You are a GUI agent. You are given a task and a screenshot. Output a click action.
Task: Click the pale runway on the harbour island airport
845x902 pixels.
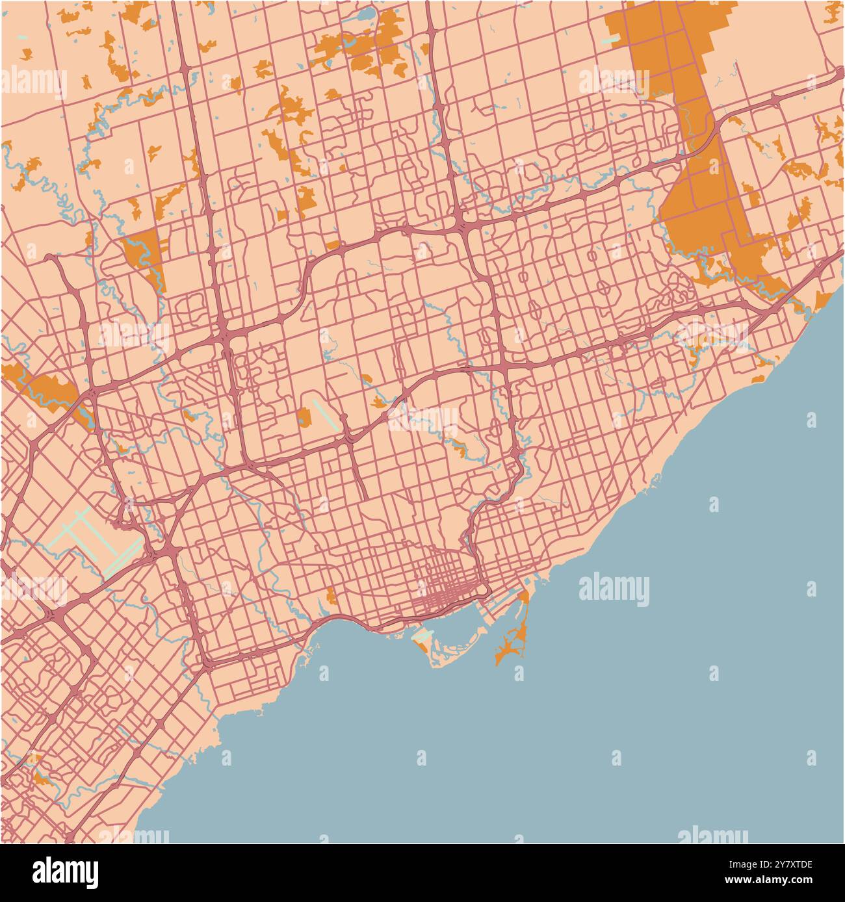(423, 635)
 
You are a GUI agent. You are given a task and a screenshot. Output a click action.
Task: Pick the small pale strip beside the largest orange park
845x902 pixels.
(610, 40)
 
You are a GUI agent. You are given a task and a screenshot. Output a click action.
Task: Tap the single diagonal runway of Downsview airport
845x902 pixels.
(324, 415)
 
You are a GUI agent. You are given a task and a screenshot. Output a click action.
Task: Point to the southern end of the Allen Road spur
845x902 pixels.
(363, 497)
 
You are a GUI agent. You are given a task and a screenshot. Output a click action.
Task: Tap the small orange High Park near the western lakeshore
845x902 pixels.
(331, 595)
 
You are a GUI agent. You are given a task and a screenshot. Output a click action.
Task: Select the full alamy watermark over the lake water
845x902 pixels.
(614, 590)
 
